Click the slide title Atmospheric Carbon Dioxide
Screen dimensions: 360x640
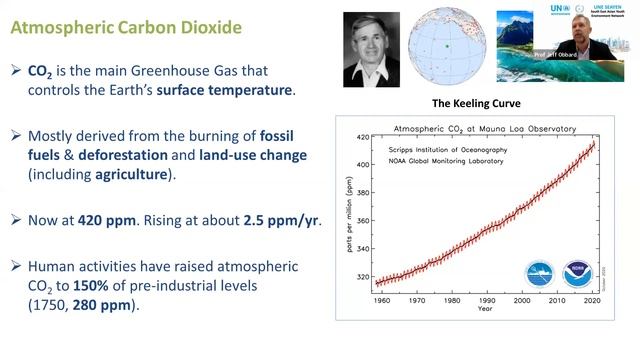126,27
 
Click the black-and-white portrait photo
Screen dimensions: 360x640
373,50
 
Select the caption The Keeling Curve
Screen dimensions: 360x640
475,104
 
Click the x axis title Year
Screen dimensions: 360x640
486,309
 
